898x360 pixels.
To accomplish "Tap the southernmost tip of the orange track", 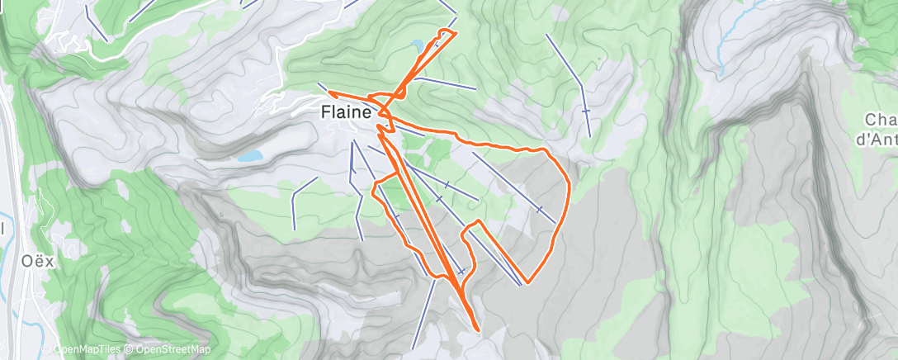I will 478,331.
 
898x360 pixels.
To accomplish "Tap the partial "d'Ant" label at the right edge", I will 876,140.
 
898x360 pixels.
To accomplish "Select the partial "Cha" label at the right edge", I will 881,119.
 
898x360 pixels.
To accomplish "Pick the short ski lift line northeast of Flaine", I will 447,83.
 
